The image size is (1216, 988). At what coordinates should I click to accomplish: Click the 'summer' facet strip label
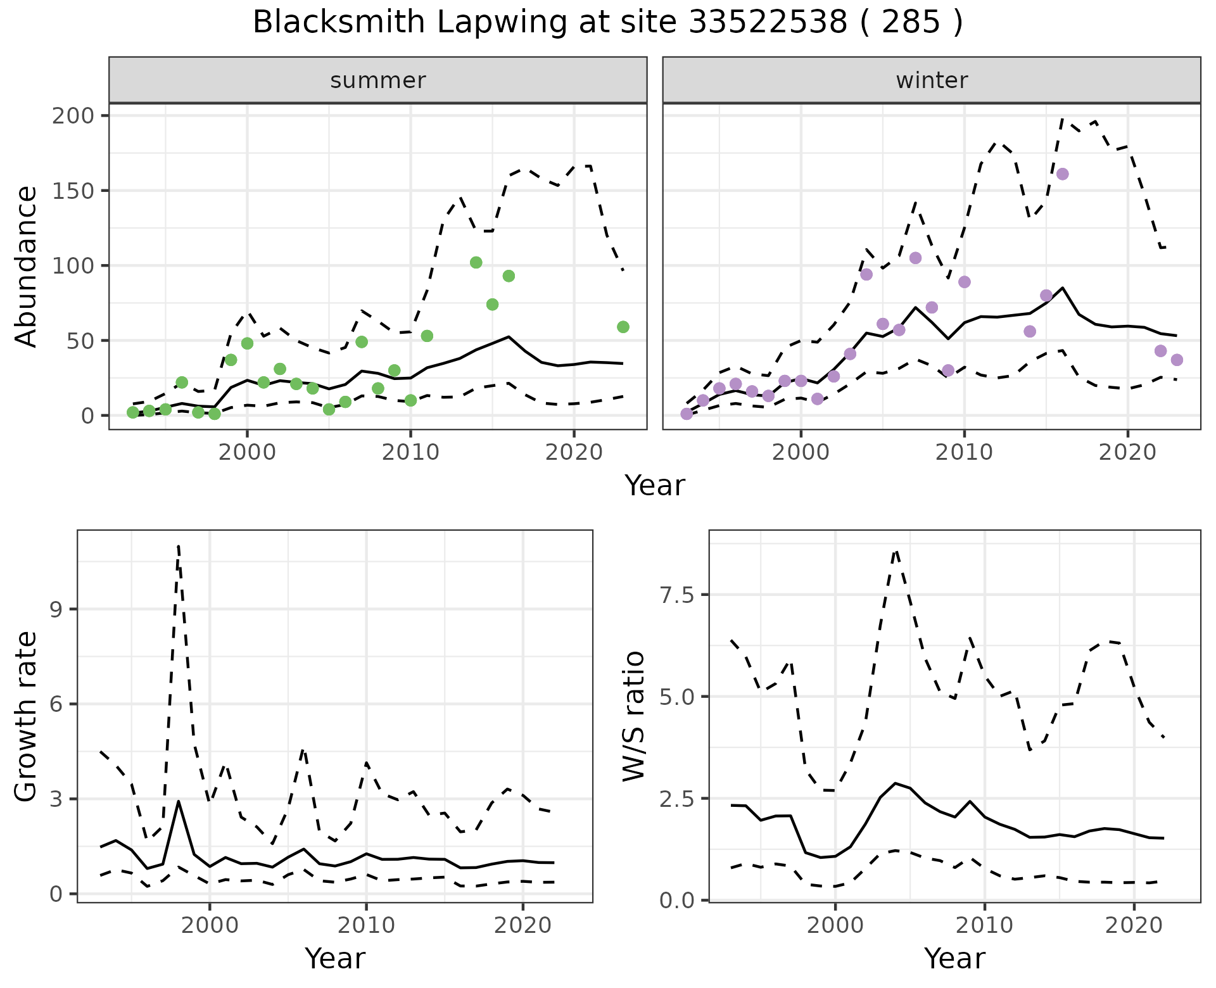[x=378, y=80]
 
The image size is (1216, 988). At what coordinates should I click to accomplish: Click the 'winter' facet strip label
[x=932, y=80]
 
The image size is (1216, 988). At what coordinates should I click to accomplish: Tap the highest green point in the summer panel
[x=476, y=262]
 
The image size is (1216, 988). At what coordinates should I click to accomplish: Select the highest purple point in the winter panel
[x=1063, y=174]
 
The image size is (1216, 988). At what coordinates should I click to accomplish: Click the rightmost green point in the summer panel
[x=623, y=327]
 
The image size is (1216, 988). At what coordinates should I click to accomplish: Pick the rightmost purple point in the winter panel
[x=1177, y=360]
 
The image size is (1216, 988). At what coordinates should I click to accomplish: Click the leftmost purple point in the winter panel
[x=687, y=414]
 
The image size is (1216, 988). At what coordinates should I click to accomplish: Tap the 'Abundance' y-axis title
[x=27, y=266]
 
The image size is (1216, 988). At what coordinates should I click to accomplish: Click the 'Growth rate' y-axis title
[x=27, y=717]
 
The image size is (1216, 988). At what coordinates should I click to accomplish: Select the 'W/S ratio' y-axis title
[x=633, y=716]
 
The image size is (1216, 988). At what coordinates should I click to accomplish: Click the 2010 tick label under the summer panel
[x=410, y=452]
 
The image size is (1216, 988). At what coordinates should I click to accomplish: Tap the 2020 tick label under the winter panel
[x=1127, y=452]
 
